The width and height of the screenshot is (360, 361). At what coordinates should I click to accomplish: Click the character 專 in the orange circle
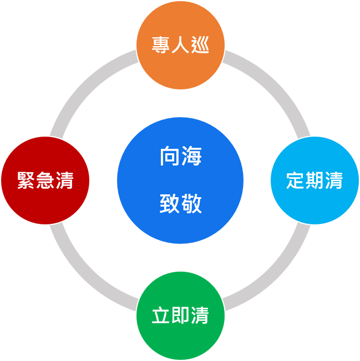tap(161, 45)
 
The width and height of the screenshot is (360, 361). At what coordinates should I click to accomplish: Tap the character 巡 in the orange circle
tap(200, 45)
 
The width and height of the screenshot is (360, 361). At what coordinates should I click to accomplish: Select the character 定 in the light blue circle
tap(295, 180)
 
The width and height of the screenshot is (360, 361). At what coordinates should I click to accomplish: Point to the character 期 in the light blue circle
tap(315, 180)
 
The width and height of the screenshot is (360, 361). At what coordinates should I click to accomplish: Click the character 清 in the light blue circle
tap(334, 180)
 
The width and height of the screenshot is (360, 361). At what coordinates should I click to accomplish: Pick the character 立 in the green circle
tap(161, 315)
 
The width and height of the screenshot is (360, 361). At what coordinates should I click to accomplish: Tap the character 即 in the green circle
tap(180, 315)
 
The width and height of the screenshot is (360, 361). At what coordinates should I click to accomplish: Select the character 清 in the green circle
tap(200, 315)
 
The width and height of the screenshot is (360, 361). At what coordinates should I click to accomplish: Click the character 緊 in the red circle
tap(26, 180)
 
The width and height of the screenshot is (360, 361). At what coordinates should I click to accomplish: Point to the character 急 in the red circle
tap(45, 180)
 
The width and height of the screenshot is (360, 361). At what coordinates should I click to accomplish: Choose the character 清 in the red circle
tap(64, 180)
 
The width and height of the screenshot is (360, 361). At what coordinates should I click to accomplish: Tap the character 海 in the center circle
tap(191, 157)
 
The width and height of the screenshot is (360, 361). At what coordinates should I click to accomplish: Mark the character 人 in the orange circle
tap(180, 45)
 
